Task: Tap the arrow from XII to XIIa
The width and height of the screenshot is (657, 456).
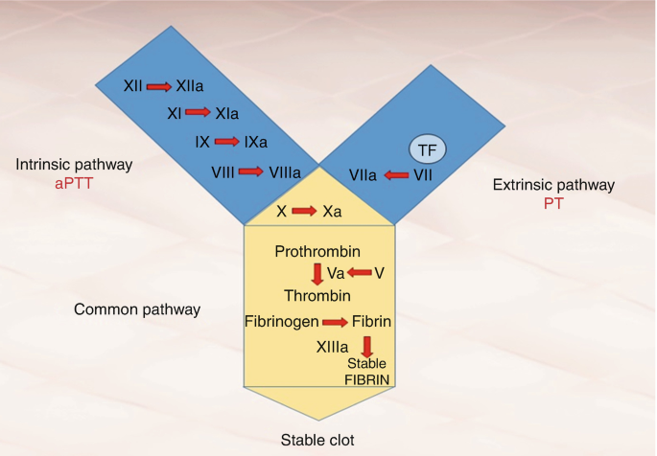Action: (159, 86)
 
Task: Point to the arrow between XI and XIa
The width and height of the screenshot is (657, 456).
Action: (198, 113)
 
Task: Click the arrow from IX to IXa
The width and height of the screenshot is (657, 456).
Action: (227, 142)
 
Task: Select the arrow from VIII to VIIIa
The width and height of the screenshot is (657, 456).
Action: (250, 171)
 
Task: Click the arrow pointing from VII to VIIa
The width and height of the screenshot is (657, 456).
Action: (395, 175)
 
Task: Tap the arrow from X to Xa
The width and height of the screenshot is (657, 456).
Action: (305, 211)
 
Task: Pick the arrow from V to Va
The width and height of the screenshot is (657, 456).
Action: (359, 273)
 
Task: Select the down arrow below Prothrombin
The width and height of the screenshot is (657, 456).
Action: (317, 273)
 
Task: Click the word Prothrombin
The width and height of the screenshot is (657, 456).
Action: (317, 252)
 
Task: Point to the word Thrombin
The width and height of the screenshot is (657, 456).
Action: (317, 296)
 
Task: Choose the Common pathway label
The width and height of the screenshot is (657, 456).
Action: (137, 309)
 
